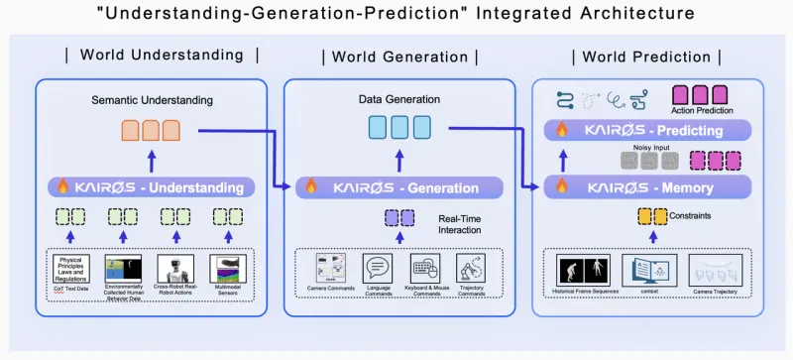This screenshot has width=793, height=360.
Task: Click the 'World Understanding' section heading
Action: [162, 55]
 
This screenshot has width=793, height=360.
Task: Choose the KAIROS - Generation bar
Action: [400, 186]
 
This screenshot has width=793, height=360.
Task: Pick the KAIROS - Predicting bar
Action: [650, 129]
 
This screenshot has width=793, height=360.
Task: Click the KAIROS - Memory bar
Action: [650, 186]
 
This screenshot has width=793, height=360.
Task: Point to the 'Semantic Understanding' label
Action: [152, 100]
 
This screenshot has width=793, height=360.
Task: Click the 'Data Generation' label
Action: [398, 100]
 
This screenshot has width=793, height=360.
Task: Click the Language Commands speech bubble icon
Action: [378, 269]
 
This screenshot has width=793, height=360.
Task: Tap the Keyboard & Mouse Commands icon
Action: [424, 269]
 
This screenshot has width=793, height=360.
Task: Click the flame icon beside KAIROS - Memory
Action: [560, 186]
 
